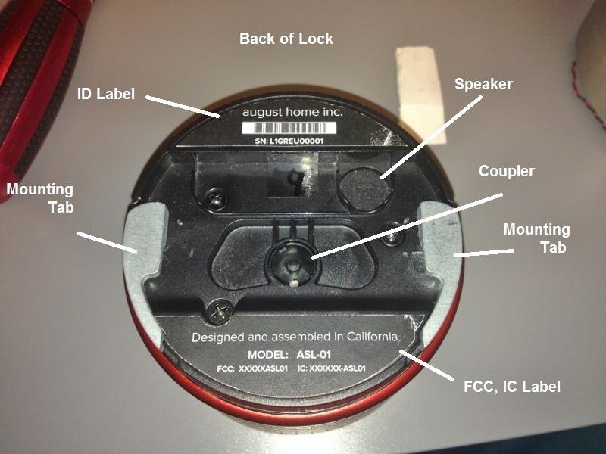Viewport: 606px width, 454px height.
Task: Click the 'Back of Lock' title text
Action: pos(286,38)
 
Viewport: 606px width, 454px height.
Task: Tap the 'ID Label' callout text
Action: pos(106,94)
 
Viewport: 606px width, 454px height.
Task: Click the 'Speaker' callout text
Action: pos(483,84)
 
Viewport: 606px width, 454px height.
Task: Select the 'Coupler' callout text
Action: pos(506,172)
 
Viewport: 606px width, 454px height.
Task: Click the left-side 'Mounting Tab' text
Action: pos(40,197)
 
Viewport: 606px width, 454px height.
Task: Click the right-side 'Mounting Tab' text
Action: pos(536,238)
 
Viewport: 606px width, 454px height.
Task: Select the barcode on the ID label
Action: pos(292,129)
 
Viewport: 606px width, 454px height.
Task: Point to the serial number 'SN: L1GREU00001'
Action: pos(292,142)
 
